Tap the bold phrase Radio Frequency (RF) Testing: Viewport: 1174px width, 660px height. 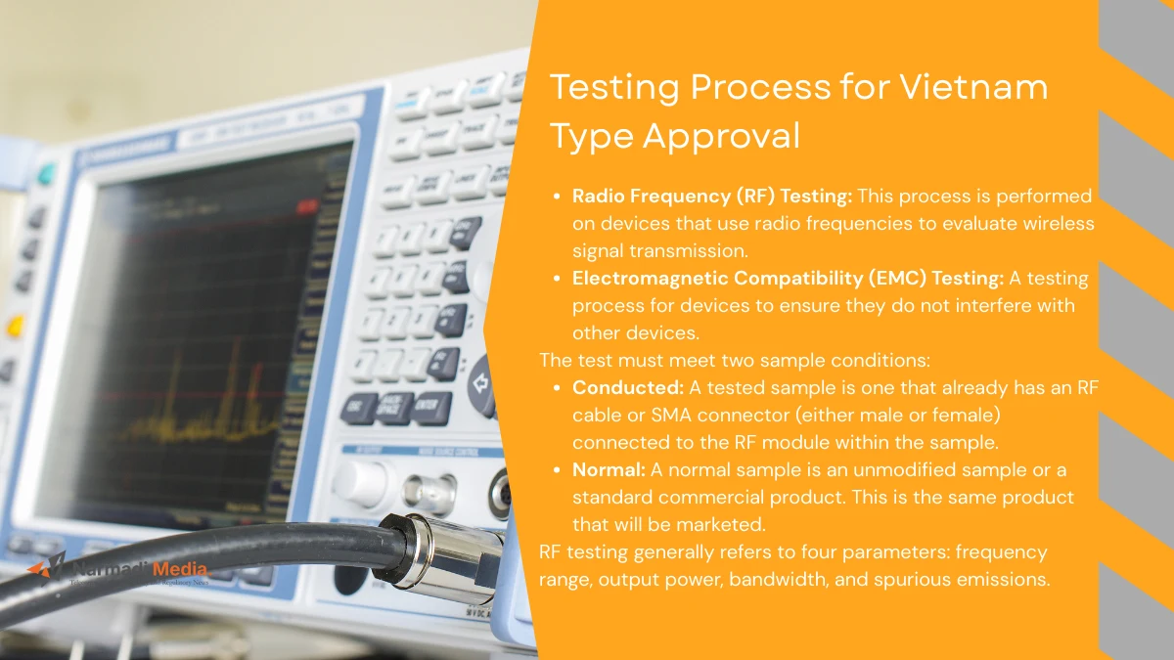click(711, 197)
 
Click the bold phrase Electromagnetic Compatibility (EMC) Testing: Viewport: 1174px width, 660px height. click(788, 279)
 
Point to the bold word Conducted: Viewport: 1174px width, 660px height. click(628, 387)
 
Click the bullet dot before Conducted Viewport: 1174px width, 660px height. click(558, 388)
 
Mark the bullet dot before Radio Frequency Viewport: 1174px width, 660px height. click(558, 198)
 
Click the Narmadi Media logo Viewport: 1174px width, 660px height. click(117, 570)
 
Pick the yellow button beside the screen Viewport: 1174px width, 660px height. click(16, 327)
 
